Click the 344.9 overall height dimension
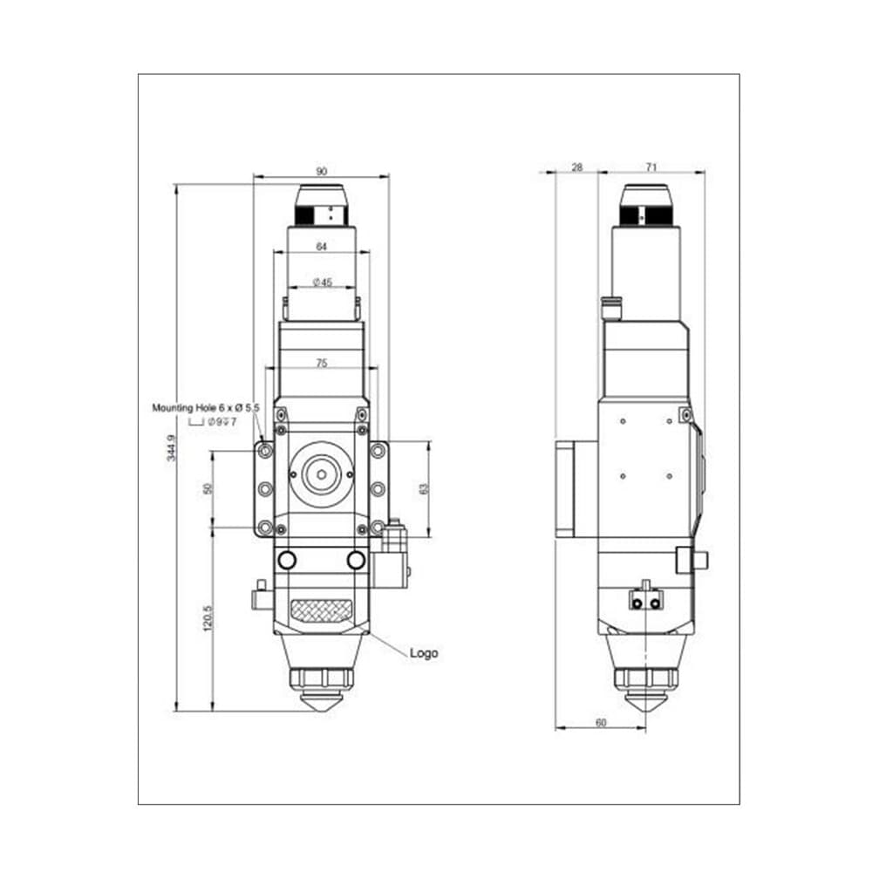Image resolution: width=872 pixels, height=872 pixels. click(x=172, y=447)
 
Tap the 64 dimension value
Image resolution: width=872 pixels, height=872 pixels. click(x=321, y=247)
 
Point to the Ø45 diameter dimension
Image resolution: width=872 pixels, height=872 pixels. click(x=322, y=282)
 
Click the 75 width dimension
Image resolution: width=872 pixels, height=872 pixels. click(x=322, y=363)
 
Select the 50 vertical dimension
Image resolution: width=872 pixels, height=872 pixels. click(x=208, y=487)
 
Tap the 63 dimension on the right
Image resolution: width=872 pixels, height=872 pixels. click(x=425, y=489)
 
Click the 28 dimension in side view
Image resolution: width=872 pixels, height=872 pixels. click(x=576, y=166)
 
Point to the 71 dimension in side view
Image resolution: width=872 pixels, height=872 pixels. click(x=651, y=166)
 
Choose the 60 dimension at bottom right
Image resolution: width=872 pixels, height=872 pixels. click(x=601, y=722)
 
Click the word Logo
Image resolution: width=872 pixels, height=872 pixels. click(x=424, y=653)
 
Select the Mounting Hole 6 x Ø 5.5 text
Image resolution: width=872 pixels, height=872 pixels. click(x=206, y=407)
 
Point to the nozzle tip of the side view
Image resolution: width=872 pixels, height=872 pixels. click(x=646, y=703)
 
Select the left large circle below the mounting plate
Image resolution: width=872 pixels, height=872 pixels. click(x=286, y=560)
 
